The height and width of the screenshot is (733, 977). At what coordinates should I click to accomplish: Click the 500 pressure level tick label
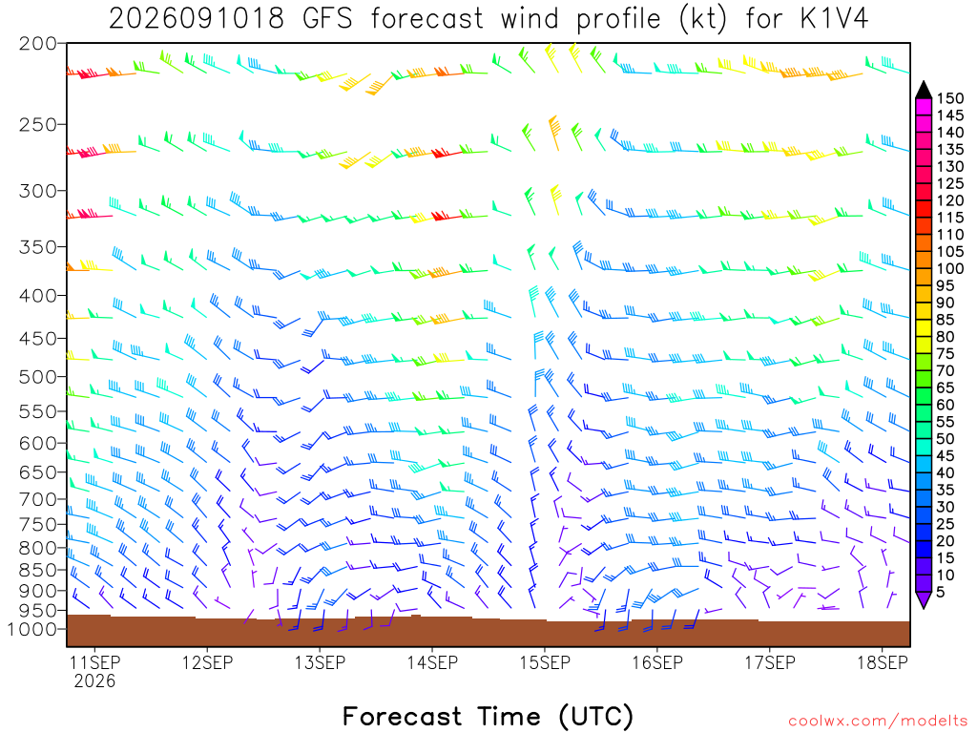pos(38,377)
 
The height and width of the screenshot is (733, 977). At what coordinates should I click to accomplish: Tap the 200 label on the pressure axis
pos(38,44)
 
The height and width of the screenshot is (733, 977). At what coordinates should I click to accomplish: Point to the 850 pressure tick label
pos(38,570)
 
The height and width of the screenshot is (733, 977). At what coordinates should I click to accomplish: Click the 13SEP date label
pos(321,662)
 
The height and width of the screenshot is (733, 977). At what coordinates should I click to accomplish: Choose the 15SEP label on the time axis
pos(545,662)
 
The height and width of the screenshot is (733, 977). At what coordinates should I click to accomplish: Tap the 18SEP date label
pos(883,662)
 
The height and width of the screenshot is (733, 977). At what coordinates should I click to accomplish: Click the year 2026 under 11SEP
pos(94,681)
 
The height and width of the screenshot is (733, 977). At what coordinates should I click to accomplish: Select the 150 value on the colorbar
pos(950,98)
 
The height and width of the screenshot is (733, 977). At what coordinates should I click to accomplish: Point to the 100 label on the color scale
pos(950,268)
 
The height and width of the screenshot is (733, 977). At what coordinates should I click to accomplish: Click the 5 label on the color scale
pos(941,592)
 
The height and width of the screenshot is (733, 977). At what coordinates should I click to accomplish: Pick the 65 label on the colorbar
pos(946,387)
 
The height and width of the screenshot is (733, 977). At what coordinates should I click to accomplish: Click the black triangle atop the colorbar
pos(924,91)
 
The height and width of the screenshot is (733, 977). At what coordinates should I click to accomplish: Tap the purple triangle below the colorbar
pos(924,599)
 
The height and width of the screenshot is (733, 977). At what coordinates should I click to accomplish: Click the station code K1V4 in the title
pos(834,19)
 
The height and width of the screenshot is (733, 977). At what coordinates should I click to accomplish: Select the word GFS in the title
pos(327,19)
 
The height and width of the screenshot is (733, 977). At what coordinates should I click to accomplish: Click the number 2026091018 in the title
pos(197,19)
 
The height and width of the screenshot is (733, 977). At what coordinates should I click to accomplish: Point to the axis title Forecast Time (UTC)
pos(488,717)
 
